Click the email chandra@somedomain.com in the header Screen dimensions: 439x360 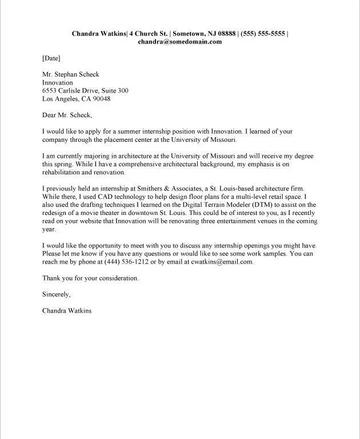tap(179, 42)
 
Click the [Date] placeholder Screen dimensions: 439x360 tap(51, 58)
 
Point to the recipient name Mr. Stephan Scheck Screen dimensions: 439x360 tap(71, 74)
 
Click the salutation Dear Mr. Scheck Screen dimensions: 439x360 tap(67, 115)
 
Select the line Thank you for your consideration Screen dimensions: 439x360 tap(90, 278)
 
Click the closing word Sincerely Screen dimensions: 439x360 tap(56, 294)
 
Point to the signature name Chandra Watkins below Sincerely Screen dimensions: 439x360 tap(67, 311)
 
